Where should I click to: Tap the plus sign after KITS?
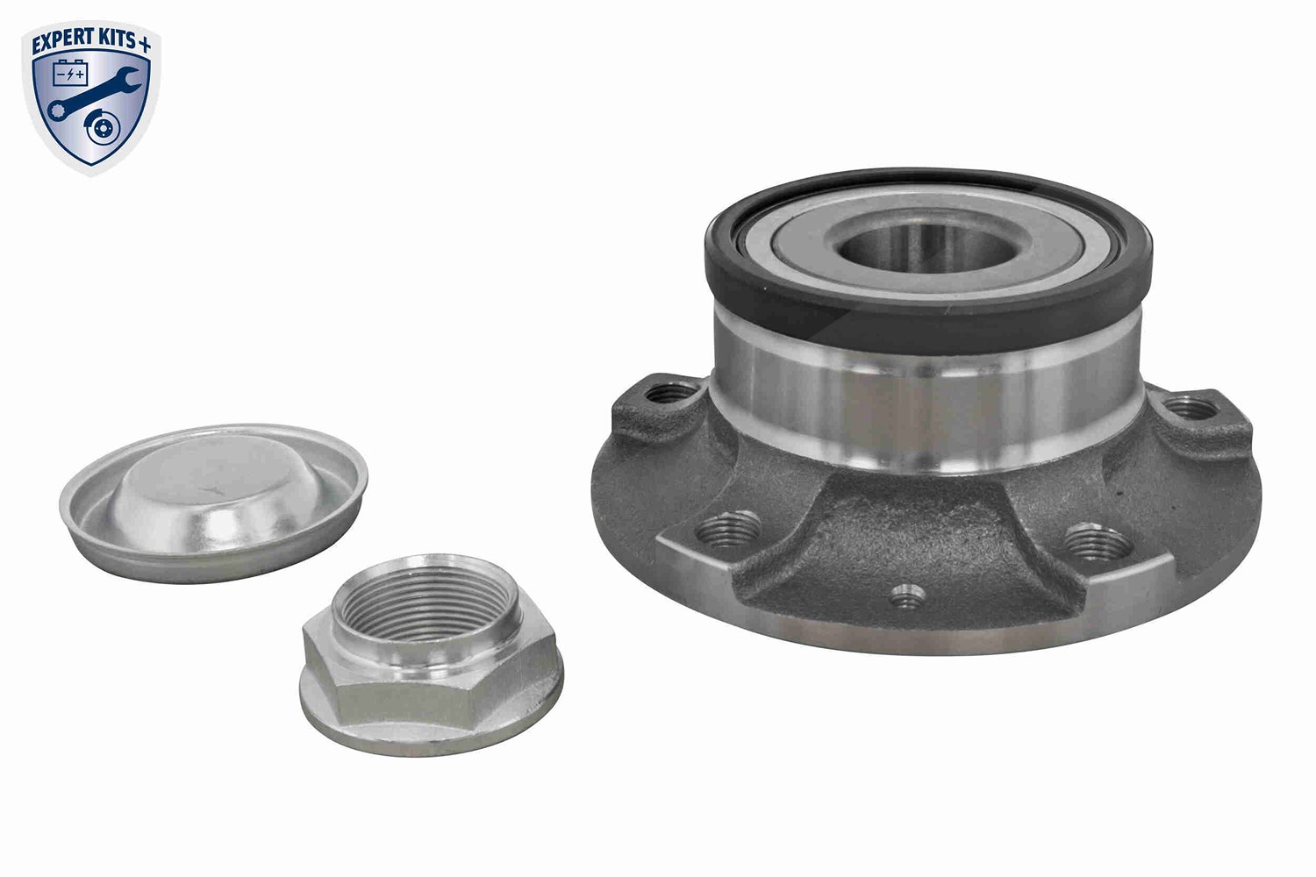tap(145, 44)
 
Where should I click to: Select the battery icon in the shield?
tap(70, 74)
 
